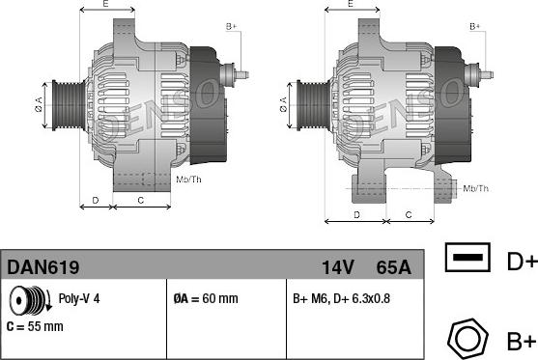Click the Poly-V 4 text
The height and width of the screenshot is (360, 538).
(x=79, y=299)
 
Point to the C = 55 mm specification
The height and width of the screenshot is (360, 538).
(x=34, y=326)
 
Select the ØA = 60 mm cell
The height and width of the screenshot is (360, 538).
(x=205, y=299)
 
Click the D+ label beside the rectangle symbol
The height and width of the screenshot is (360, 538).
(x=521, y=260)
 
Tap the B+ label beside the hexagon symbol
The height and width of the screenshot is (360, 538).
(x=521, y=341)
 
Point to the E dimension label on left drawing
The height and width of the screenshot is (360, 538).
(x=105, y=6)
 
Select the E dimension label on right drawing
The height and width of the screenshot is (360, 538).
(x=351, y=6)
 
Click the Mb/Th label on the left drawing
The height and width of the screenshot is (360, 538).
(x=189, y=180)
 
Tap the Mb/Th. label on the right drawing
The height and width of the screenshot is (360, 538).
(x=476, y=187)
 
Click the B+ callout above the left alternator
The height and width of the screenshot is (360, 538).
(x=230, y=25)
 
